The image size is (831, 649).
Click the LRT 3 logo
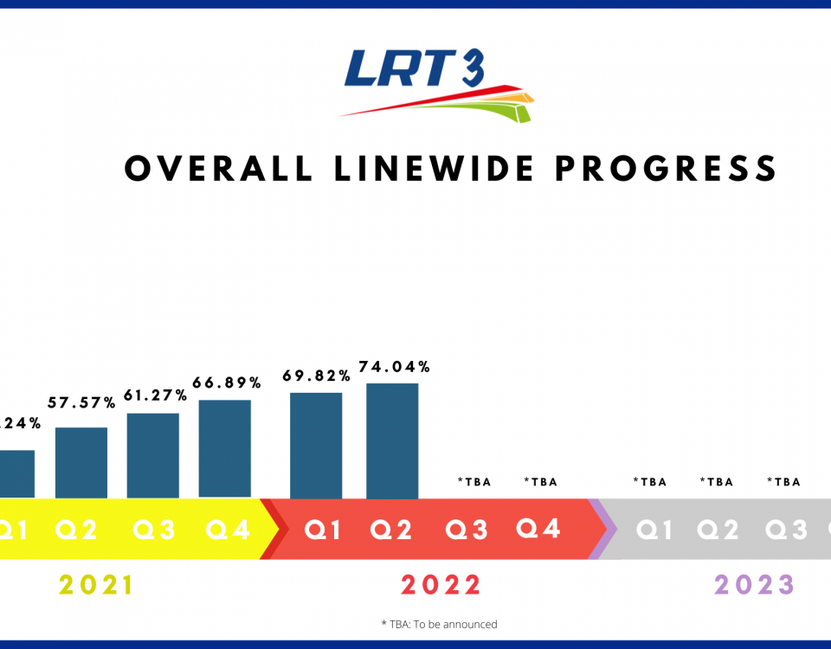pos(435,84)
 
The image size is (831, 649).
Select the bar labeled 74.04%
pos(392,440)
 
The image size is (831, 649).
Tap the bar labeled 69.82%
pos(316,445)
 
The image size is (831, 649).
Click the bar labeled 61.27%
pos(153,455)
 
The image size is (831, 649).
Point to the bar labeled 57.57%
pos(81,462)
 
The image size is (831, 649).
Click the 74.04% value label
pos(394,367)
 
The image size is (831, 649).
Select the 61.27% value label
pos(156,395)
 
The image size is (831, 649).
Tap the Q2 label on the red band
pos(391,530)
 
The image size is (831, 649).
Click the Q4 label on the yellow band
pos(229,530)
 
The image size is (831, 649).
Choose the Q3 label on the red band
pos(467,530)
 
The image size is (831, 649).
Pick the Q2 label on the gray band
pos(718,530)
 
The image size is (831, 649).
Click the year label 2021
pos(97,586)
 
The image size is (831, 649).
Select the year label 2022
pos(441,586)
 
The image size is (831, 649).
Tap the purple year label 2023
pos(755,586)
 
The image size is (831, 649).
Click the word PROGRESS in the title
pos(666,169)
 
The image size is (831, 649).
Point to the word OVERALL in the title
pos(219,169)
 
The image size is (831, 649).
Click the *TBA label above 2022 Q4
pos(541,482)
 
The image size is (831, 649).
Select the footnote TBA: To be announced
pos(439,624)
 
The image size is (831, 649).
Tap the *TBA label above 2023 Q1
pos(650,482)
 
